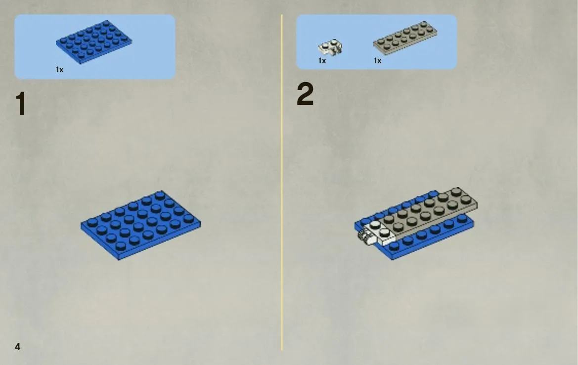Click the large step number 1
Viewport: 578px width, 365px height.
click(x=21, y=104)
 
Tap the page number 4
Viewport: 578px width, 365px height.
click(x=17, y=347)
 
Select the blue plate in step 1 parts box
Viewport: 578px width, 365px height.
click(x=94, y=42)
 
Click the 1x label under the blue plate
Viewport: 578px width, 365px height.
click(x=60, y=70)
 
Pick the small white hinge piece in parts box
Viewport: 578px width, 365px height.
click(x=330, y=47)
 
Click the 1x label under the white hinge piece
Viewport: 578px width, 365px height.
click(x=322, y=61)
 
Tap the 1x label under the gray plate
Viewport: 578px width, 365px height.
click(x=377, y=61)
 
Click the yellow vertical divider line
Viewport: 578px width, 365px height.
click(x=282, y=182)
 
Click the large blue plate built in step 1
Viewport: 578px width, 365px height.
click(x=141, y=225)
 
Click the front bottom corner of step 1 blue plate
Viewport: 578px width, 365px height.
click(x=119, y=260)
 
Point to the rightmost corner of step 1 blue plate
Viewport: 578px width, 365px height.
click(x=201, y=223)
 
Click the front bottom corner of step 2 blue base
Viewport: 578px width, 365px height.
click(x=392, y=260)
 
